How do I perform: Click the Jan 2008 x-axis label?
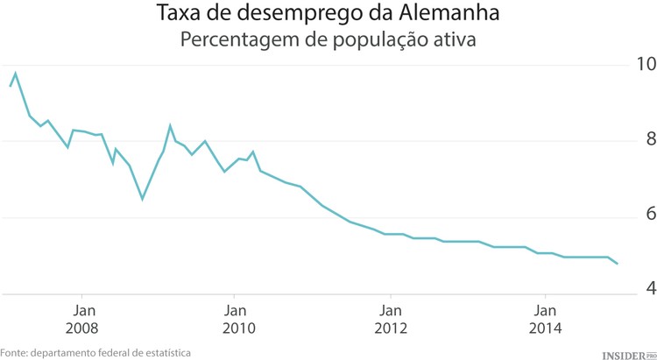82,318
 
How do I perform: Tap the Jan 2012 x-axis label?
391,318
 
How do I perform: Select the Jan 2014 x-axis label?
545,318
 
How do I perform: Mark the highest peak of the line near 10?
16,74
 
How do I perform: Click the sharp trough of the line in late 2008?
142,199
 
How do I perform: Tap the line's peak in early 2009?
170,125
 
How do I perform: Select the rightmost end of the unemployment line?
618,264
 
